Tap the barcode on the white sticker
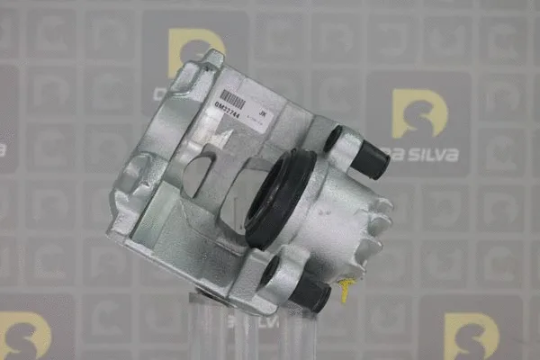[231, 97]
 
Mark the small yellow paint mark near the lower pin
[345, 289]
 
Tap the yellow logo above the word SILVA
[419, 112]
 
